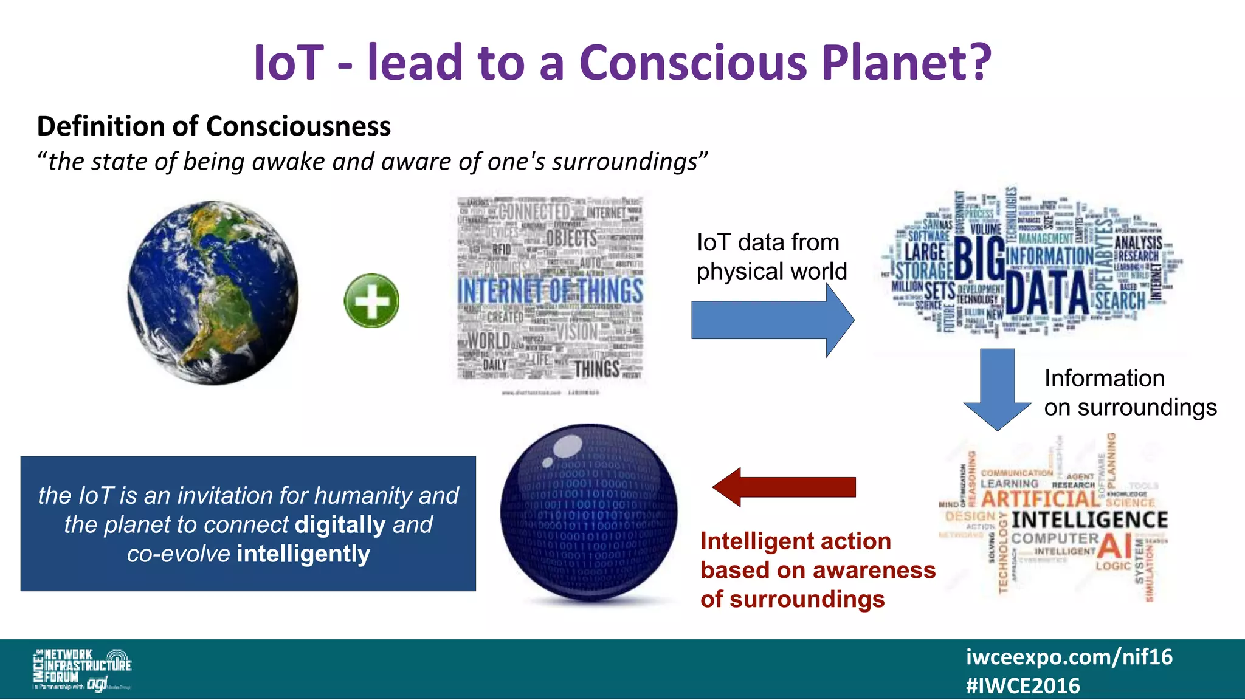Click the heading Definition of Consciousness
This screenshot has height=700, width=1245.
[213, 126]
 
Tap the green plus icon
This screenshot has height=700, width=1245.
[371, 301]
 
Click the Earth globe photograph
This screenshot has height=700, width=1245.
[213, 293]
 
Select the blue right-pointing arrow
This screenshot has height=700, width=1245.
[772, 320]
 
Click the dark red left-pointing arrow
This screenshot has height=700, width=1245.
[784, 487]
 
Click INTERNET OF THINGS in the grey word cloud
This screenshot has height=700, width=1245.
[550, 290]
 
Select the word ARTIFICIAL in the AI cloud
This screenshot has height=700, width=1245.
[1040, 499]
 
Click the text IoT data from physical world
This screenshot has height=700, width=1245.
[771, 257]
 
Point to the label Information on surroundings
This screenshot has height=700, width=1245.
[1129, 393]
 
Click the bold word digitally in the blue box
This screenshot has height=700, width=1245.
[340, 524]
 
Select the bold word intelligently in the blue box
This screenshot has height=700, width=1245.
[303, 554]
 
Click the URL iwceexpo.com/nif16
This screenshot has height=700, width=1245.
[1069, 657]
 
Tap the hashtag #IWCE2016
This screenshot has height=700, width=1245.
[1023, 686]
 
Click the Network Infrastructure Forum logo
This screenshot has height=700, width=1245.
[82, 669]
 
